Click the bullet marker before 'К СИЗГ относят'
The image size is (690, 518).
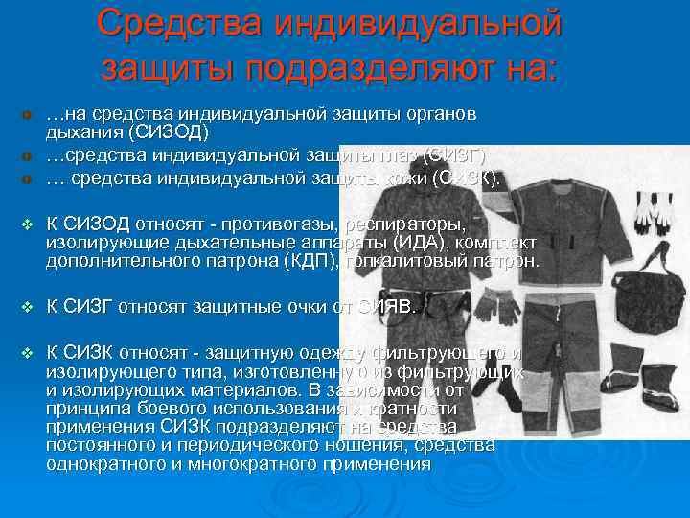27,308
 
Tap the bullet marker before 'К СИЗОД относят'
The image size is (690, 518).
27,224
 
